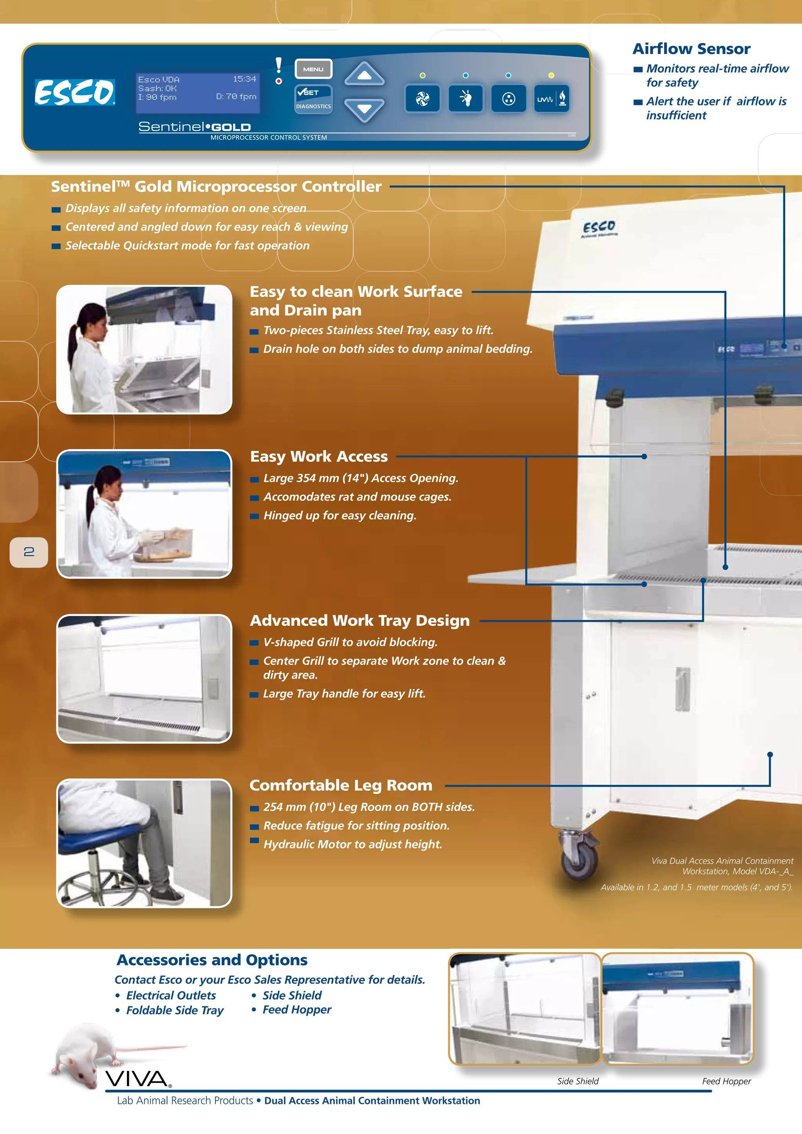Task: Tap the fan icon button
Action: coord(422,99)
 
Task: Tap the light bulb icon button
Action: coord(465,99)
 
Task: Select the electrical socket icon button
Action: coord(508,99)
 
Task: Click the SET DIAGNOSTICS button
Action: coord(313,99)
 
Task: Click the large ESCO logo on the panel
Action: coord(74,92)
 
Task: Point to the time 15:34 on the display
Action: coord(244,79)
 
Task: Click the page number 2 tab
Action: coord(29,552)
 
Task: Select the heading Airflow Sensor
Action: coord(692,49)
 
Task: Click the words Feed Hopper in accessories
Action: coord(296,1009)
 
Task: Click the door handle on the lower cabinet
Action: coord(682,689)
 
